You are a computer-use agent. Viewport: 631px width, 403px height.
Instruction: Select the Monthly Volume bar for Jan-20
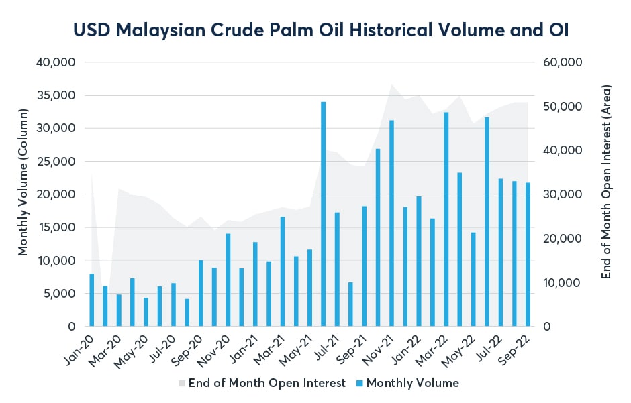[92, 300]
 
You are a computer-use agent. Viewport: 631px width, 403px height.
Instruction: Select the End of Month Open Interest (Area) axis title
[607, 182]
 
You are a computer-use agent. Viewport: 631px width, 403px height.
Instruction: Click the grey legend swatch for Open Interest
[181, 384]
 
